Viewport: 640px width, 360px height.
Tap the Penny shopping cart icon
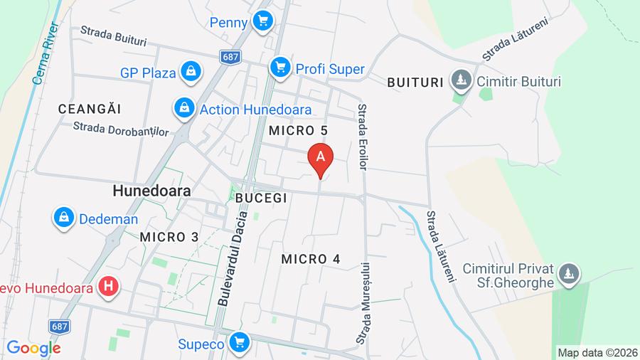pos(264,22)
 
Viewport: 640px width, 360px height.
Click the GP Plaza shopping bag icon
pos(191,70)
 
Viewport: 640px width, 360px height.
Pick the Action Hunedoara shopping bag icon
pos(184,109)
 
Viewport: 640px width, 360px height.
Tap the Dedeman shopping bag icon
pos(64,218)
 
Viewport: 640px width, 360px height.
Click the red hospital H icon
pos(109,287)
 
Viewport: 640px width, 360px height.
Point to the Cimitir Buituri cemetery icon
pos(462,80)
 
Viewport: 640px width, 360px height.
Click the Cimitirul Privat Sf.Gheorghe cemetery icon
pos(569,273)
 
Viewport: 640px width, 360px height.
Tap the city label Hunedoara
pos(151,191)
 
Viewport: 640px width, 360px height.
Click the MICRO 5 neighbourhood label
pos(298,130)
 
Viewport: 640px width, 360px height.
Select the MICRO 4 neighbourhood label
pos(311,259)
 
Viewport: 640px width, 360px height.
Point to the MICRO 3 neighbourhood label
pos(169,237)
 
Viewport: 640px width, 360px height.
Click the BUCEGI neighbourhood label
pos(261,198)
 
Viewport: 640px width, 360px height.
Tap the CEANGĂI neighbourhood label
pos(90,109)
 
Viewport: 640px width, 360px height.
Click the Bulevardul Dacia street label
pos(233,260)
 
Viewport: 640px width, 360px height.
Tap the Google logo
pos(34,348)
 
